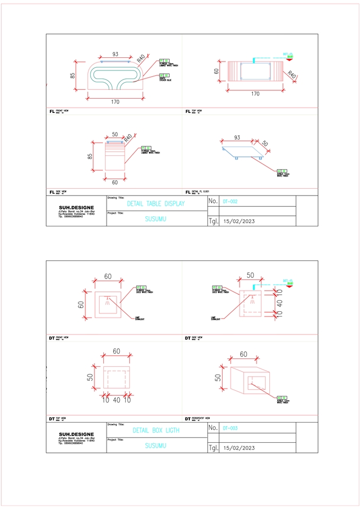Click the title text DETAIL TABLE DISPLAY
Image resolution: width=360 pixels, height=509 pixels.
(156, 204)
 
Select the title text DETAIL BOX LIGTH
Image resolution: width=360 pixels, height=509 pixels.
(156, 431)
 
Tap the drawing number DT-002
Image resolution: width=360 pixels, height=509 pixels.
(230, 201)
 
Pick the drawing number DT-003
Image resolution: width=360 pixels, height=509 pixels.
(230, 428)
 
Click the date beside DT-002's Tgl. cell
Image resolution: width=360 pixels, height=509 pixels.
(240, 221)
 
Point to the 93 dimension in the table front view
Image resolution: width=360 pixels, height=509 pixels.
(115, 54)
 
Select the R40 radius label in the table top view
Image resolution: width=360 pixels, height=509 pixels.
(293, 75)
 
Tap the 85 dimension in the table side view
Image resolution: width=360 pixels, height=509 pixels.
(90, 156)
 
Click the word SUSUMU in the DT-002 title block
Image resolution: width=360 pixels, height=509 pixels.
(156, 218)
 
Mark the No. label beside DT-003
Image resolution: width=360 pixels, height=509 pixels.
(213, 427)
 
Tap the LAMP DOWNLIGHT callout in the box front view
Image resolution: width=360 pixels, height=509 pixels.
(141, 318)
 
